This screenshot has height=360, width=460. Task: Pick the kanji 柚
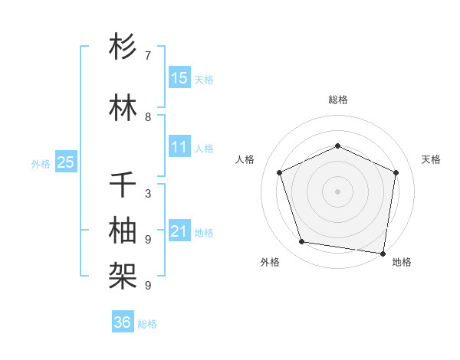123,231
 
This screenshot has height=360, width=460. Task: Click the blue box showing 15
179,77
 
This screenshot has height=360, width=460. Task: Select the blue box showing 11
179,147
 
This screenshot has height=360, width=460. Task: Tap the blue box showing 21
179,231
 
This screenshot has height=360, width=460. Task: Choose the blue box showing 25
65,162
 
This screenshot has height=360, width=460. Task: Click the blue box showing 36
123,322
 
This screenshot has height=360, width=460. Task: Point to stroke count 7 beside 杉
148,56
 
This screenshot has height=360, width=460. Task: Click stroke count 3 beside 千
148,194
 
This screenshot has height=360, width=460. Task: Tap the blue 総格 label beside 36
147,324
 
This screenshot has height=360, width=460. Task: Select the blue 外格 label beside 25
41,163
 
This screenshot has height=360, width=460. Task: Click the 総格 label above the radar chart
337,100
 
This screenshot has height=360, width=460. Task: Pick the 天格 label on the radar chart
431,159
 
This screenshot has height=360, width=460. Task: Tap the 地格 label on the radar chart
402,262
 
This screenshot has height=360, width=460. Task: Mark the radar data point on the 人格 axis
280,172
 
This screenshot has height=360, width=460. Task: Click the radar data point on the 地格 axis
383,253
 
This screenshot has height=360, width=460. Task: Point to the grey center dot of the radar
337,191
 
